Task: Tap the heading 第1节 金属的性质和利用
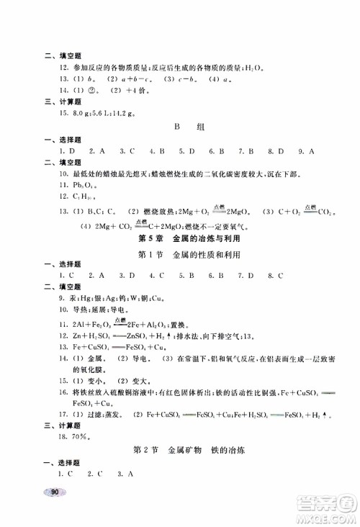coord(179,255)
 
